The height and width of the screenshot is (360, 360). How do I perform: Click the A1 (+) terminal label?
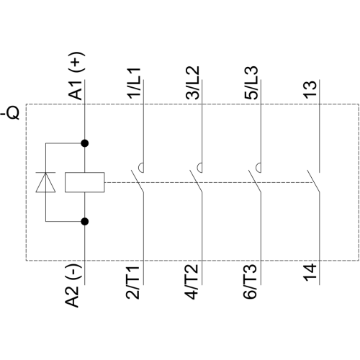pyautogui.click(x=76, y=76)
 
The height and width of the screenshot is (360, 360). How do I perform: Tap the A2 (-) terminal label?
pyautogui.click(x=73, y=286)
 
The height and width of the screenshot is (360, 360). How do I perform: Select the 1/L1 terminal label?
pyautogui.click(x=134, y=83)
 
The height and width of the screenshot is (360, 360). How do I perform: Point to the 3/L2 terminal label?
pyautogui.click(x=192, y=83)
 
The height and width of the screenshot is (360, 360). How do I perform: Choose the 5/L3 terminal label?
pyautogui.click(x=251, y=83)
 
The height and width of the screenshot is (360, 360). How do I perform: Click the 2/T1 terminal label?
pyautogui.click(x=132, y=282)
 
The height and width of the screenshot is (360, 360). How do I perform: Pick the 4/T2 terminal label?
pyautogui.click(x=192, y=282)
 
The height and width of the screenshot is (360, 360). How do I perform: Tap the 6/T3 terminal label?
pyautogui.click(x=250, y=282)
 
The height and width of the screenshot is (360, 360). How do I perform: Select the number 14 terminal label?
pyautogui.click(x=310, y=272)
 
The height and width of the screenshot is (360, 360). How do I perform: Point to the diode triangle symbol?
pyautogui.click(x=45, y=182)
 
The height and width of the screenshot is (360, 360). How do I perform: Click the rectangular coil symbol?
pyautogui.click(x=85, y=182)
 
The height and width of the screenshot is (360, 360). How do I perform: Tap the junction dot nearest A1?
pyautogui.click(x=85, y=143)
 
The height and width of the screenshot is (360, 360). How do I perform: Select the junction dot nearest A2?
pyautogui.click(x=85, y=222)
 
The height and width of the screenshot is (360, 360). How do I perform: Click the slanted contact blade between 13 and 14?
pyautogui.click(x=313, y=181)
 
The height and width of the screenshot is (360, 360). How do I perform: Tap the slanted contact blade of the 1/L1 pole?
pyautogui.click(x=138, y=181)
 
